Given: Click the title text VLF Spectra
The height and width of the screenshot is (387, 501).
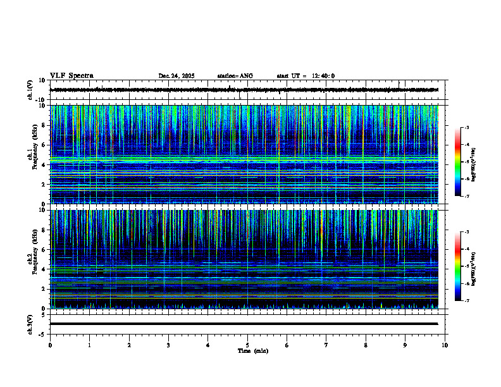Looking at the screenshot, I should pyautogui.click(x=71, y=76).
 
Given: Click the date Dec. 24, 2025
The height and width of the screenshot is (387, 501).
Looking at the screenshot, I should pyautogui.click(x=176, y=76).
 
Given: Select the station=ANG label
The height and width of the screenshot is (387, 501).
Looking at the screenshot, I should pyautogui.click(x=235, y=76).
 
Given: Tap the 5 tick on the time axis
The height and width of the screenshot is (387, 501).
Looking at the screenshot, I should pyautogui.click(x=247, y=345).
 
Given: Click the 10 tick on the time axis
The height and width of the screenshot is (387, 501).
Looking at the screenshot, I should pyautogui.click(x=445, y=345).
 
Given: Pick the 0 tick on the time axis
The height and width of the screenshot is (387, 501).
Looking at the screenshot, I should pyautogui.click(x=50, y=345).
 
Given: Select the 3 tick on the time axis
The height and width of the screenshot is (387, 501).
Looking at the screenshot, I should pyautogui.click(x=168, y=345).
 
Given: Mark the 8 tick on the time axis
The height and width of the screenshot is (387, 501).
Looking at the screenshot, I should pyautogui.click(x=366, y=345).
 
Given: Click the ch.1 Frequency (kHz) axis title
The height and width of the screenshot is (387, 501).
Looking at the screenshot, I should pyautogui.click(x=32, y=154).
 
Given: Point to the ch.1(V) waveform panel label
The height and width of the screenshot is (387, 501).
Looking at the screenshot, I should pyautogui.click(x=30, y=90).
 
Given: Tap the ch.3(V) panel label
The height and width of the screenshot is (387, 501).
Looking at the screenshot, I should pyautogui.click(x=30, y=323).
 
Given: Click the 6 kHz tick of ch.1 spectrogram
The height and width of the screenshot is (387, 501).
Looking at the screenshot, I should pyautogui.click(x=43, y=145).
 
